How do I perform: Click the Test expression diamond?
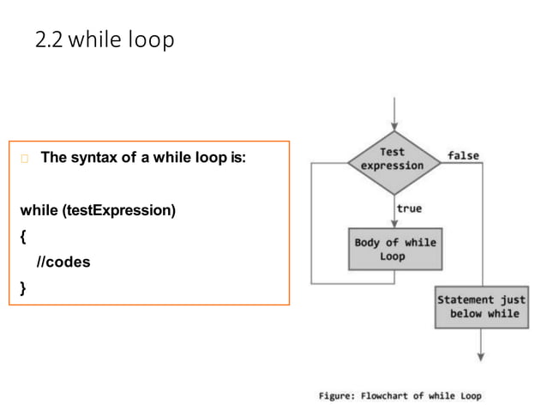coord(392,160)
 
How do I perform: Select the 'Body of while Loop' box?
coord(394,249)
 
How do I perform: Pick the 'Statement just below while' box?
coord(481,306)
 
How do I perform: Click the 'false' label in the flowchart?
coord(463,155)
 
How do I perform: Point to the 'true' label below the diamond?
coord(409,208)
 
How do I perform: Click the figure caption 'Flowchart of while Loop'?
coord(421,396)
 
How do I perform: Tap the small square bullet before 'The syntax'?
coord(23,159)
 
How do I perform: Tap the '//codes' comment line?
coord(62,262)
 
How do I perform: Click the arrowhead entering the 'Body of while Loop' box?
coord(392,222)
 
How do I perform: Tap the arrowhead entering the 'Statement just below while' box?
coord(481,280)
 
